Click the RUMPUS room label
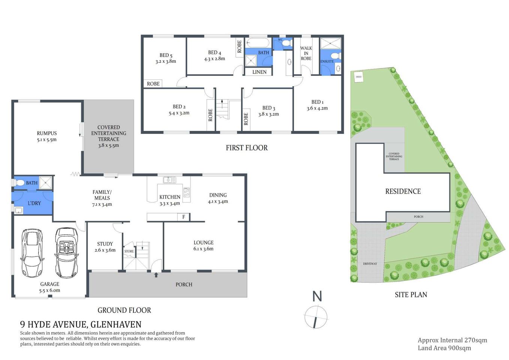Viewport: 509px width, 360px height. [x=47, y=133]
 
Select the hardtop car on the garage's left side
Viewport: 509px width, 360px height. [x=32, y=253]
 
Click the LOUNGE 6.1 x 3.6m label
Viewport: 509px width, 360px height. [x=204, y=246]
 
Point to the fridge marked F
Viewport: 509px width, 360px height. [x=184, y=217]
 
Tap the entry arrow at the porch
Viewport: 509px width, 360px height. [x=156, y=275]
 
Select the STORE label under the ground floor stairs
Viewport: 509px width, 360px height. [x=129, y=251]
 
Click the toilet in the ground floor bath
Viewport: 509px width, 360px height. [x=19, y=183]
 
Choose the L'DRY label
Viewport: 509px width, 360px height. [x=34, y=203]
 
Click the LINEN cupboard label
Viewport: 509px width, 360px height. [x=259, y=72]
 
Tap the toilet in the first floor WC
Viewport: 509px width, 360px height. [x=287, y=44]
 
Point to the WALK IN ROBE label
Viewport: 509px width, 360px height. [x=306, y=53]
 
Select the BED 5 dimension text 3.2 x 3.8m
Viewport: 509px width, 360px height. [x=166, y=61]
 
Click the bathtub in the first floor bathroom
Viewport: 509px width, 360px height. [x=258, y=42]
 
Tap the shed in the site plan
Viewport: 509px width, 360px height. [x=359, y=77]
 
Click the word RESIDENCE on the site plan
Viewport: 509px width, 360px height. [x=403, y=191]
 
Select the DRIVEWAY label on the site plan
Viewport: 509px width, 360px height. [x=370, y=264]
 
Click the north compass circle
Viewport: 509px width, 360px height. [x=316, y=317]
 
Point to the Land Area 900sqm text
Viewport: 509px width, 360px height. [x=444, y=348]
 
